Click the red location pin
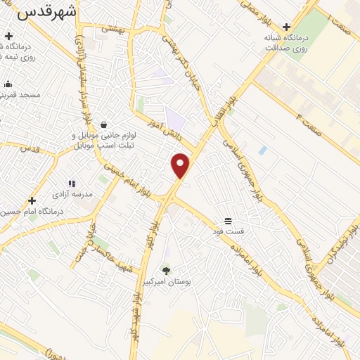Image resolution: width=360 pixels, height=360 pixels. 181,165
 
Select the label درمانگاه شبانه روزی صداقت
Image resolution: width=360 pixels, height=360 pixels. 286,43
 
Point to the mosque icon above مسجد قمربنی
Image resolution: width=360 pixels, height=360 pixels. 8,84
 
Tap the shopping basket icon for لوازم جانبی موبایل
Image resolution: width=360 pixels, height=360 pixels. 104,125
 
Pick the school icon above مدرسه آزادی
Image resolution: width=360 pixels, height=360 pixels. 71,183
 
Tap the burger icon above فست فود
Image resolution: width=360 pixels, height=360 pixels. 228,220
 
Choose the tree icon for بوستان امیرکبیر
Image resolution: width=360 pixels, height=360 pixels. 167,271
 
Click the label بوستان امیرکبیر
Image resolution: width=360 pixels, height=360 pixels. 167,281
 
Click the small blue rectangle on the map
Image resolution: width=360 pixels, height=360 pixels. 262,150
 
